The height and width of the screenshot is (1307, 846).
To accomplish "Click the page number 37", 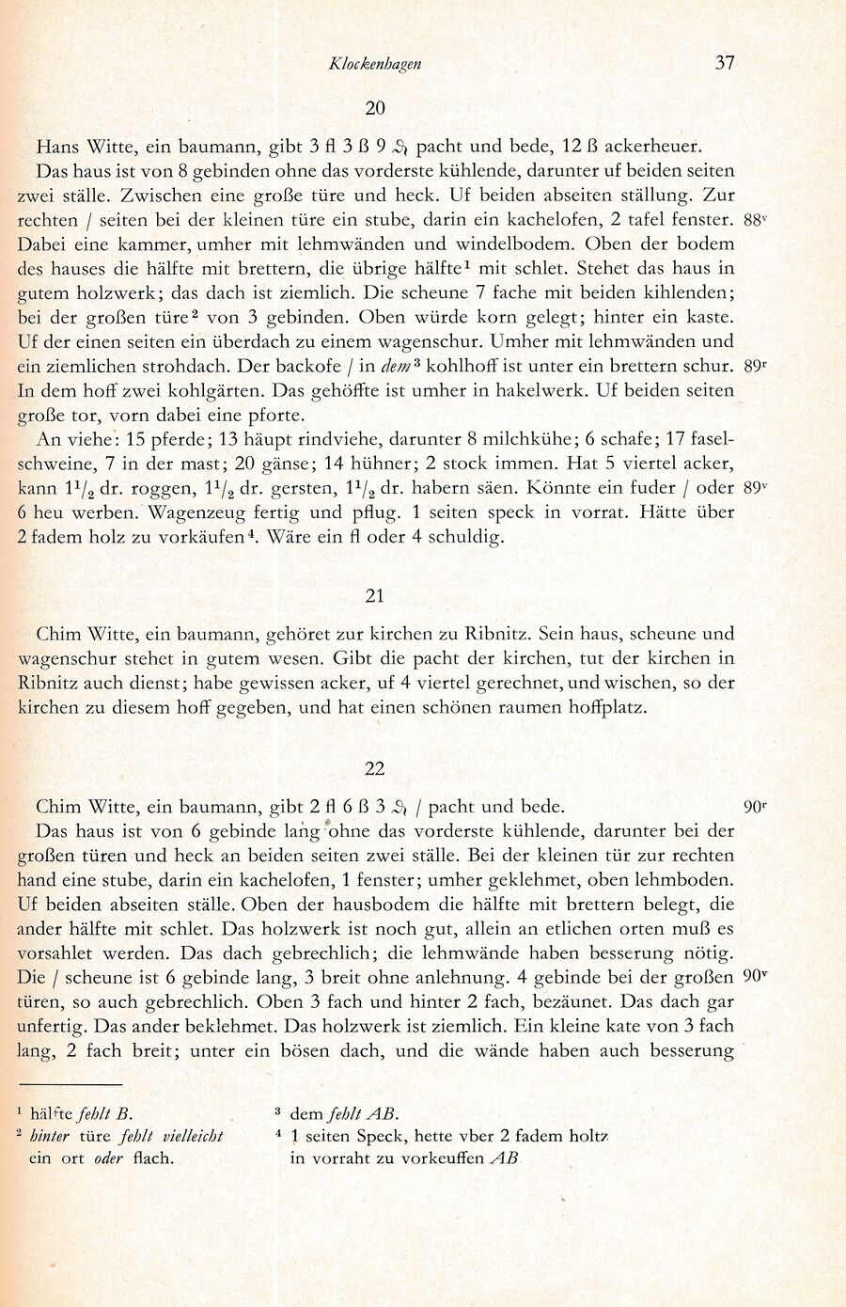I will click(724, 63).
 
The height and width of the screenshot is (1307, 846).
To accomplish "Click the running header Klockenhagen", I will click(375, 64).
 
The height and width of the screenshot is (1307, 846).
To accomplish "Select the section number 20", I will click(375, 108).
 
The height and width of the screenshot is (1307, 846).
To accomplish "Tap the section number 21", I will click(375, 595).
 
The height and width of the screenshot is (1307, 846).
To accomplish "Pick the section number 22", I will click(375, 768).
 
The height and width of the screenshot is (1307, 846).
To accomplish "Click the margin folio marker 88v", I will click(756, 220).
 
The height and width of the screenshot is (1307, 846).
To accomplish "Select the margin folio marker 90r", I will click(756, 807).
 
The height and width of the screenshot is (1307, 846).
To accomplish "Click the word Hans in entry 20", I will click(56, 147).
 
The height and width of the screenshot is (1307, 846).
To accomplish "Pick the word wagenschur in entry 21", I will click(70, 658).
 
